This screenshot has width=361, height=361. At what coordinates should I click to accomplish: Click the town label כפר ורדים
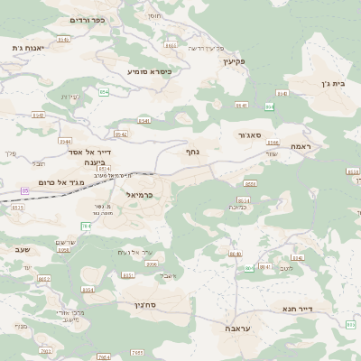pyautogui.click(x=88, y=19)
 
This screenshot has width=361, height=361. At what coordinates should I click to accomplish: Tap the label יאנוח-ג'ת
pyautogui.click(x=30, y=47)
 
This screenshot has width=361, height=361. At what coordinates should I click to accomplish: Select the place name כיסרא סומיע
pyautogui.click(x=149, y=70)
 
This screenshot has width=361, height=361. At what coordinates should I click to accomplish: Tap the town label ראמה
pyautogui.click(x=301, y=145)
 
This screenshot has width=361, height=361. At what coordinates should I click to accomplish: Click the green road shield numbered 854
pyautogui.click(x=104, y=92)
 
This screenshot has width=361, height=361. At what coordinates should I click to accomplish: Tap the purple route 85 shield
pyautogui.click(x=25, y=191)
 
